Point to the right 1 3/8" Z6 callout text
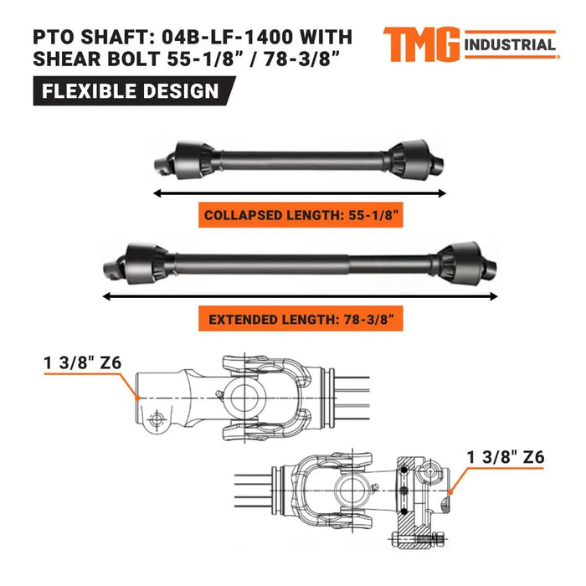(x=505, y=457)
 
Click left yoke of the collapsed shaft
(x=163, y=157)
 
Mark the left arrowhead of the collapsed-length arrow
(x=157, y=192)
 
